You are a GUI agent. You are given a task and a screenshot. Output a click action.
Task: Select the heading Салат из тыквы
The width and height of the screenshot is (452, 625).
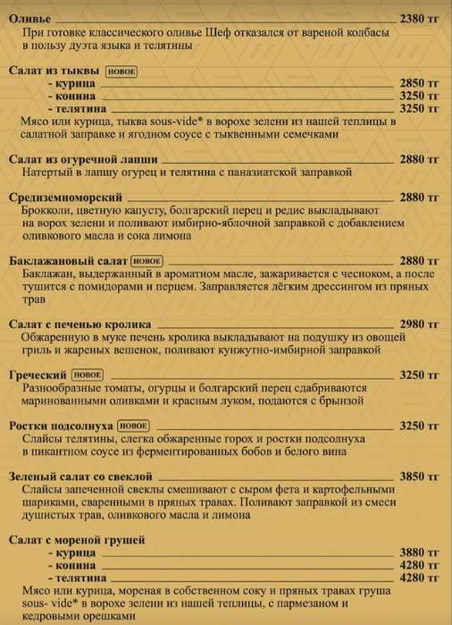(54, 70)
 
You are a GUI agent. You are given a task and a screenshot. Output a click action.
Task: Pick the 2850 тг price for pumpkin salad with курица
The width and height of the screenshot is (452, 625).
(419, 82)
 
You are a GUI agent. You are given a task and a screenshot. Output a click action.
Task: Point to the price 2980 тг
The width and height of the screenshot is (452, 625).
(419, 325)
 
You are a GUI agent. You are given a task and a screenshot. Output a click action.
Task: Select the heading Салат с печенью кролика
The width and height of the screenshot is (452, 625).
(79, 325)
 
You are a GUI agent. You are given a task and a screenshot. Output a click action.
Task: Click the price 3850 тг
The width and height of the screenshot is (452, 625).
(419, 477)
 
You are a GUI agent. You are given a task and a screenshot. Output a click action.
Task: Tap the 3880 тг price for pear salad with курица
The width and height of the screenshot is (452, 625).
(419, 553)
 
